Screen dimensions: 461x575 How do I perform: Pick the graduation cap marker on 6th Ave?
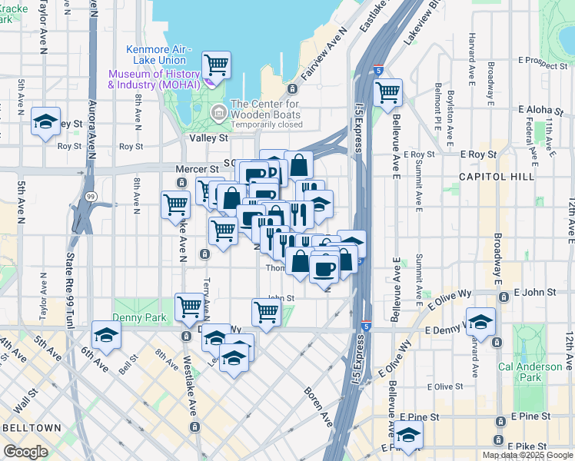pyautogui.click(x=106, y=335)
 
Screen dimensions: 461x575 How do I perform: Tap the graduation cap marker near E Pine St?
pyautogui.click(x=409, y=436)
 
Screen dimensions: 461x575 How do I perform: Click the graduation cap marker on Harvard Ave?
pyautogui.click(x=480, y=322)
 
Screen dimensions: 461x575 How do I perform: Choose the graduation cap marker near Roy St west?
pyautogui.click(x=46, y=122)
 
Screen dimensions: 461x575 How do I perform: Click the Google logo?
pyautogui.click(x=25, y=452)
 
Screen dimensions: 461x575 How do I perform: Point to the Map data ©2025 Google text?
pyautogui.click(x=527, y=455)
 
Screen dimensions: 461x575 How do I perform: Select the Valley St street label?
pyautogui.click(x=209, y=138)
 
